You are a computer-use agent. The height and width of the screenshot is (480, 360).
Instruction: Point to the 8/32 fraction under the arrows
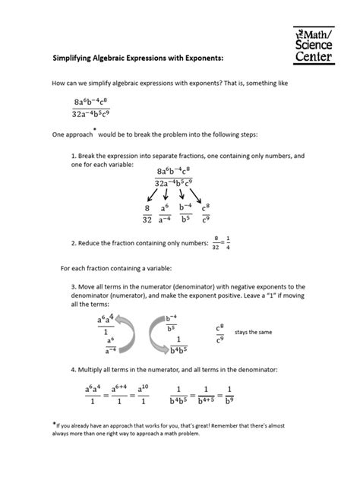click(x=147, y=213)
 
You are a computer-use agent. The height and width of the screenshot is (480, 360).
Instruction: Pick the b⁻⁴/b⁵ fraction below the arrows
click(x=187, y=213)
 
